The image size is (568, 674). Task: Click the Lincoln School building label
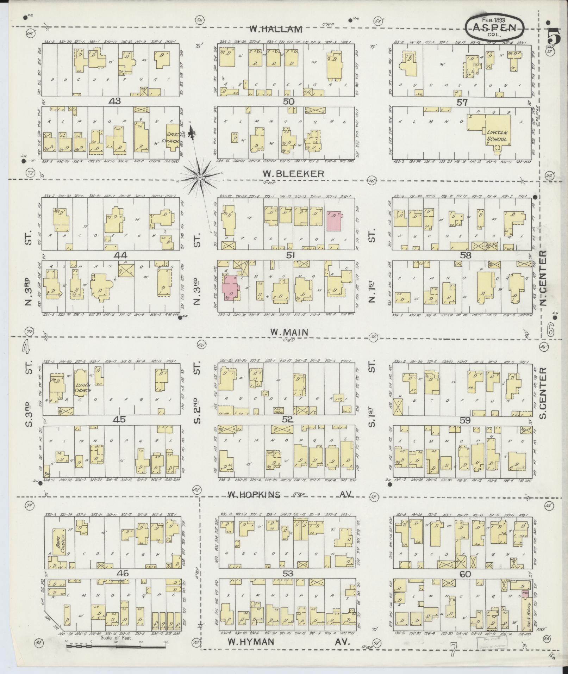coord(497,136)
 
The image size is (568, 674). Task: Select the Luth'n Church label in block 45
coord(83,388)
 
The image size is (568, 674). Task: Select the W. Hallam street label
coord(275,29)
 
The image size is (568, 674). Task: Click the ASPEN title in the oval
coord(494,27)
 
